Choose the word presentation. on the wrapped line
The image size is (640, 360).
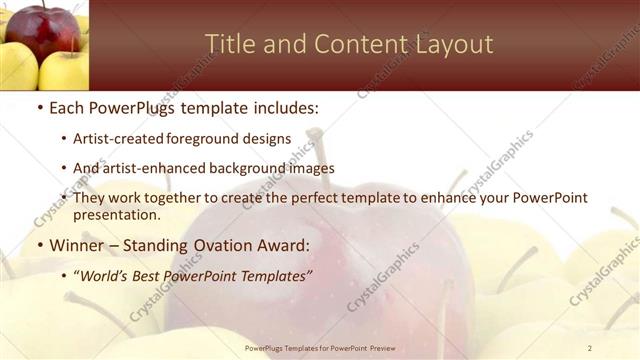[117, 215]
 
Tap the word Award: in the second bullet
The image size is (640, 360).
[283, 245]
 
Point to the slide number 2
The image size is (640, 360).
[590, 348]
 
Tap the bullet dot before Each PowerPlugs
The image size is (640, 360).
[39, 107]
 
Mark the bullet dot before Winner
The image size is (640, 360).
[39, 246]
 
